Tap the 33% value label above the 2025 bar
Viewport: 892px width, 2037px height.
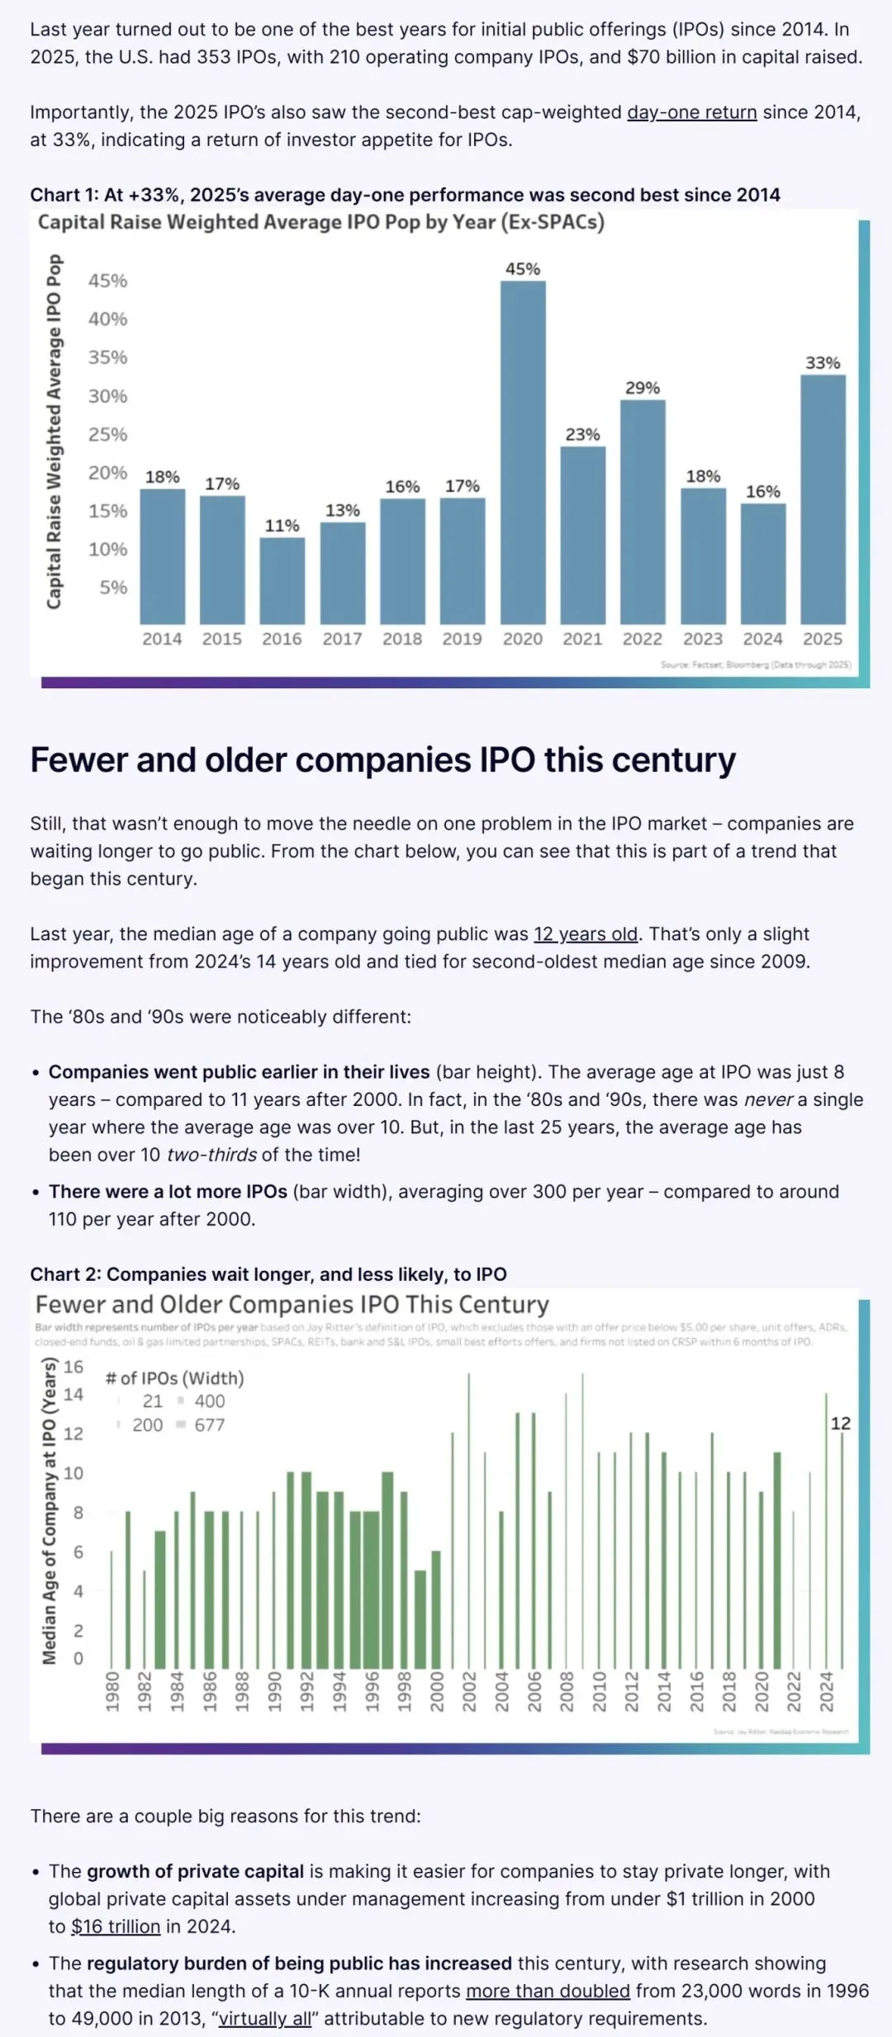pos(823,363)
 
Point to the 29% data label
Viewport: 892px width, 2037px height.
pos(643,388)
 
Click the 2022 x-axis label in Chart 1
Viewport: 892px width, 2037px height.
pos(643,639)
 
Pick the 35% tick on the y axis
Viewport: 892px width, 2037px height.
pos(108,357)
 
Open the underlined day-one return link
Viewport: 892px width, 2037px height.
pos(692,112)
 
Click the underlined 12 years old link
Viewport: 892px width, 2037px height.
pos(586,934)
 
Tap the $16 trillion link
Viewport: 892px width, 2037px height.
pos(116,1926)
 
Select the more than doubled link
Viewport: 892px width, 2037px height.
pos(548,1991)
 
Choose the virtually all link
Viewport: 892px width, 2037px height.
pos(265,2019)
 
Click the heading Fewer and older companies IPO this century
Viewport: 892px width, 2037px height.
pos(383,760)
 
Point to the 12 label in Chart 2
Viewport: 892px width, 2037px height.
pos(841,1424)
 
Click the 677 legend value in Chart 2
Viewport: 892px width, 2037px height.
pos(210,1425)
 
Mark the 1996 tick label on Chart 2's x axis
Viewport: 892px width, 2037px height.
pos(372,1691)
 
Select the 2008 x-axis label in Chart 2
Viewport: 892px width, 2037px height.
pos(567,1691)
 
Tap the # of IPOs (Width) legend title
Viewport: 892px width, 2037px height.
pos(175,1378)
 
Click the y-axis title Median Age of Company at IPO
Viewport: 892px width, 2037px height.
pos(50,1510)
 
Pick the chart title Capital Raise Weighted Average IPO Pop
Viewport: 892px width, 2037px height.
pos(321,222)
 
